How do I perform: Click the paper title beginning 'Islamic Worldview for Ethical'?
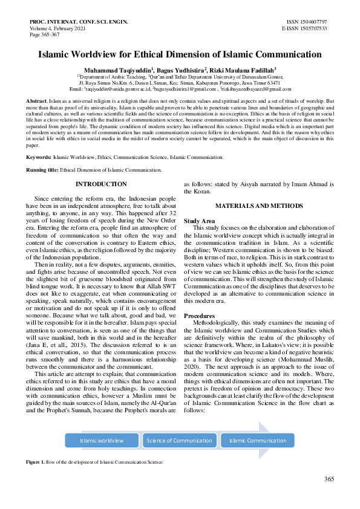pos(180,54)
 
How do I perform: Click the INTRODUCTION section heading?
pos(101,184)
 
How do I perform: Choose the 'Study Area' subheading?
pos(199,221)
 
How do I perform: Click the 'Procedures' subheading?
pos(199,316)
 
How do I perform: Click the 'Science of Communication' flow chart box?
pos(179,441)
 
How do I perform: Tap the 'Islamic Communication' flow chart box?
pos(258,441)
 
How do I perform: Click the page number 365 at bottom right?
pos(329,479)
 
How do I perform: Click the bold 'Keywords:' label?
pos(38,157)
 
